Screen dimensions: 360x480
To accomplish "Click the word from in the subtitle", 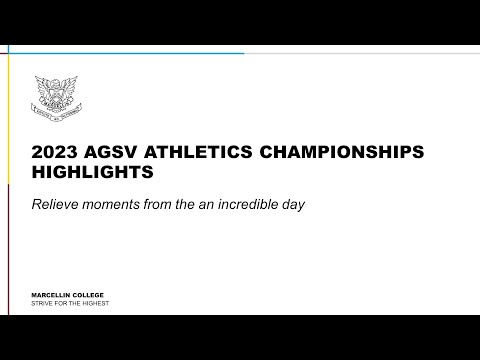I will coord(163,204).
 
